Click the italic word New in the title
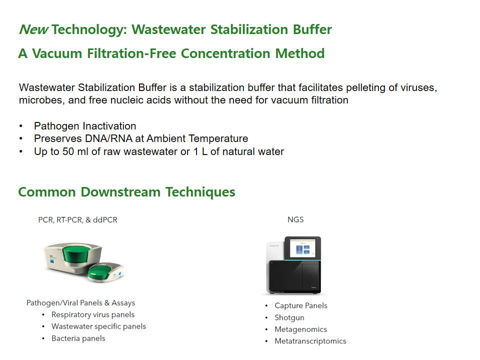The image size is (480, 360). click(x=33, y=29)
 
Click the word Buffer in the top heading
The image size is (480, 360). click(x=312, y=29)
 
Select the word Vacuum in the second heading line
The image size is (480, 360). click(x=57, y=53)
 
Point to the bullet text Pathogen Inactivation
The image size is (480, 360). click(x=85, y=126)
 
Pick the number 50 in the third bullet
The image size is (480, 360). click(x=68, y=151)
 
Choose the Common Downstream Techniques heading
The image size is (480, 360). click(x=126, y=192)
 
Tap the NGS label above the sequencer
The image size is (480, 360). click(x=295, y=219)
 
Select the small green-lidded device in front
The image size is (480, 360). click(x=106, y=271)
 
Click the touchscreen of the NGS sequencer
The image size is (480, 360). click(x=303, y=248)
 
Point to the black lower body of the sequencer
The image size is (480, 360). click(x=294, y=276)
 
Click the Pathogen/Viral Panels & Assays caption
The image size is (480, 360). click(x=81, y=303)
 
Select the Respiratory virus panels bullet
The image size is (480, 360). click(x=93, y=314)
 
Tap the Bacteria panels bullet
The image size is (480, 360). click(x=78, y=338)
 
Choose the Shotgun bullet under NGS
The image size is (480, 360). click(x=289, y=318)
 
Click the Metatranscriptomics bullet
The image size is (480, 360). click(x=310, y=341)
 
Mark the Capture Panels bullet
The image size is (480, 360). click(x=301, y=305)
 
